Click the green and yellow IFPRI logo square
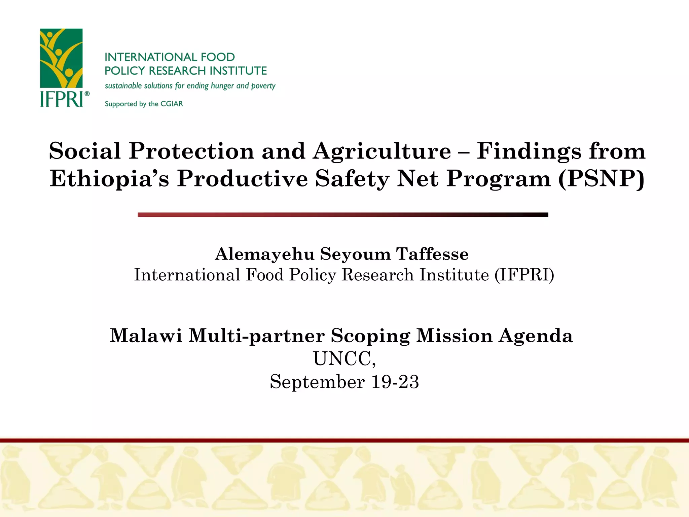61,58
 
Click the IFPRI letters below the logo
61,99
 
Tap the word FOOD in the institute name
217,57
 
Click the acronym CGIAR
172,104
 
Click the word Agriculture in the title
382,151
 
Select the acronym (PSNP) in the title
601,178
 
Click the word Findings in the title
529,151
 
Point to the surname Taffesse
432,254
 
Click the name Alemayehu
265,254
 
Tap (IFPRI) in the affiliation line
524,275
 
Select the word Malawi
146,336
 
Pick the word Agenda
536,336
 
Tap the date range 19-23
395,382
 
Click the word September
317,382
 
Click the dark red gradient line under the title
343,215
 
